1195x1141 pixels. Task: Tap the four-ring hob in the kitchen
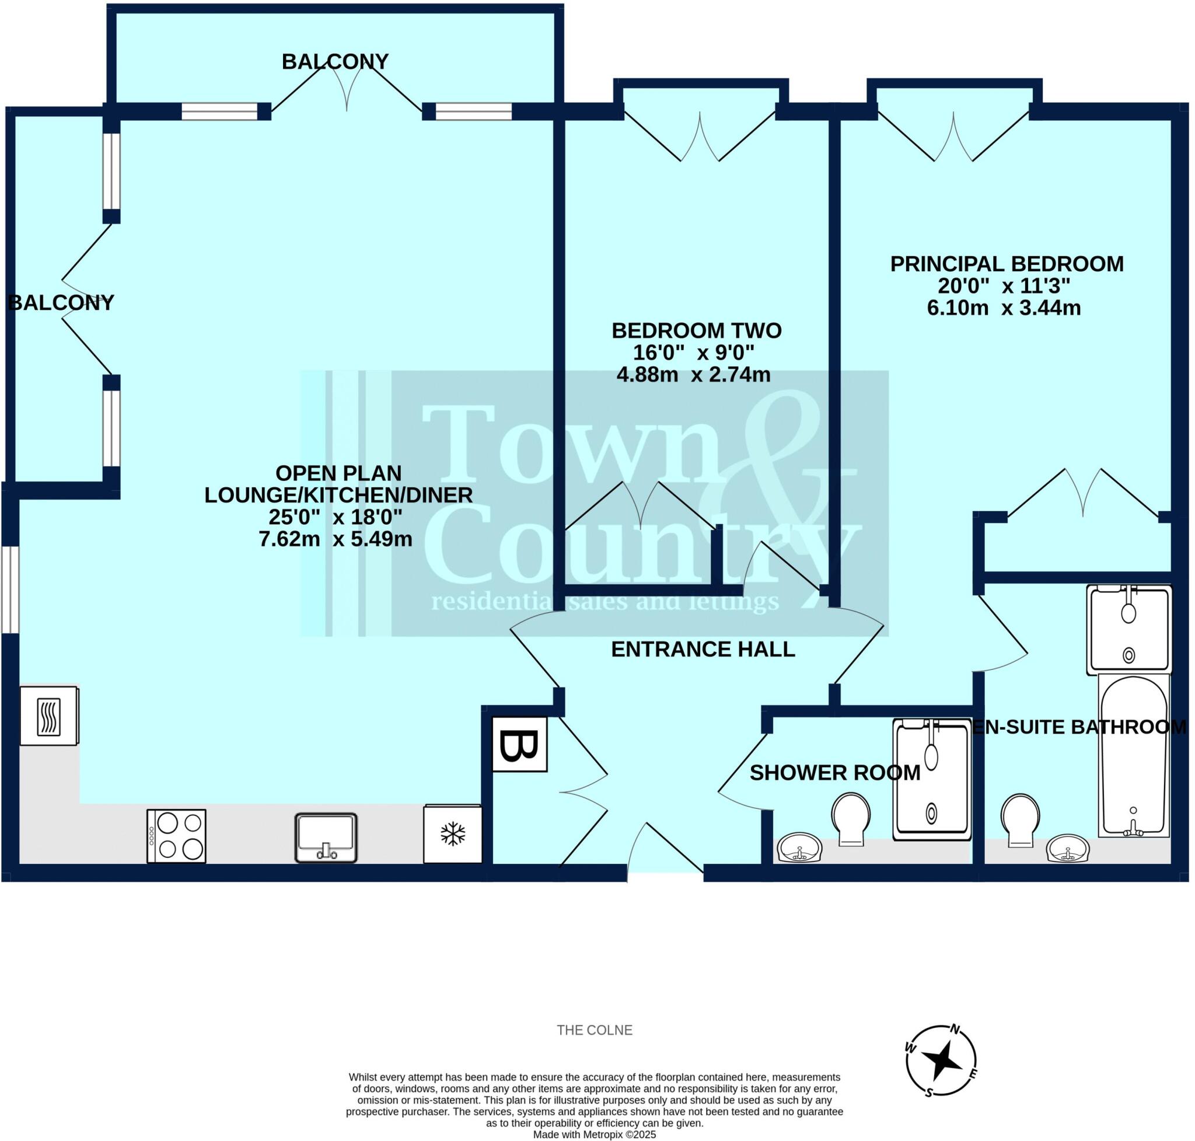(x=176, y=836)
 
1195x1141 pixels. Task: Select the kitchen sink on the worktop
(x=326, y=838)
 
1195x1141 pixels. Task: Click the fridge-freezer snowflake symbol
(x=452, y=834)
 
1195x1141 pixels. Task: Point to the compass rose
(x=941, y=1060)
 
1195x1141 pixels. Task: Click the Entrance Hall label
(x=703, y=650)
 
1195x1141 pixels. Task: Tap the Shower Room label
(x=834, y=772)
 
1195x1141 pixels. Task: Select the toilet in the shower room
(x=851, y=818)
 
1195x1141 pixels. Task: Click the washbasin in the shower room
(x=800, y=848)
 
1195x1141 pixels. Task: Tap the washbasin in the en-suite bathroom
(x=1067, y=849)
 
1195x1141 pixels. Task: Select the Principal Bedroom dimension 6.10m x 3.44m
(x=1004, y=308)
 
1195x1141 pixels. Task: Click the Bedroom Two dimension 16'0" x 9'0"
(x=693, y=352)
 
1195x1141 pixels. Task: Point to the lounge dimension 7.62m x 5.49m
(x=335, y=539)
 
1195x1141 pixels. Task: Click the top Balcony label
(x=335, y=61)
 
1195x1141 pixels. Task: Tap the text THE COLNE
(x=594, y=1030)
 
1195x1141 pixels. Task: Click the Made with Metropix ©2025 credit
(x=594, y=1135)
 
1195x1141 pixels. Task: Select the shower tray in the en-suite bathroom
(x=1128, y=630)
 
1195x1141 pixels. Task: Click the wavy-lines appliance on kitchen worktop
(x=48, y=716)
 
